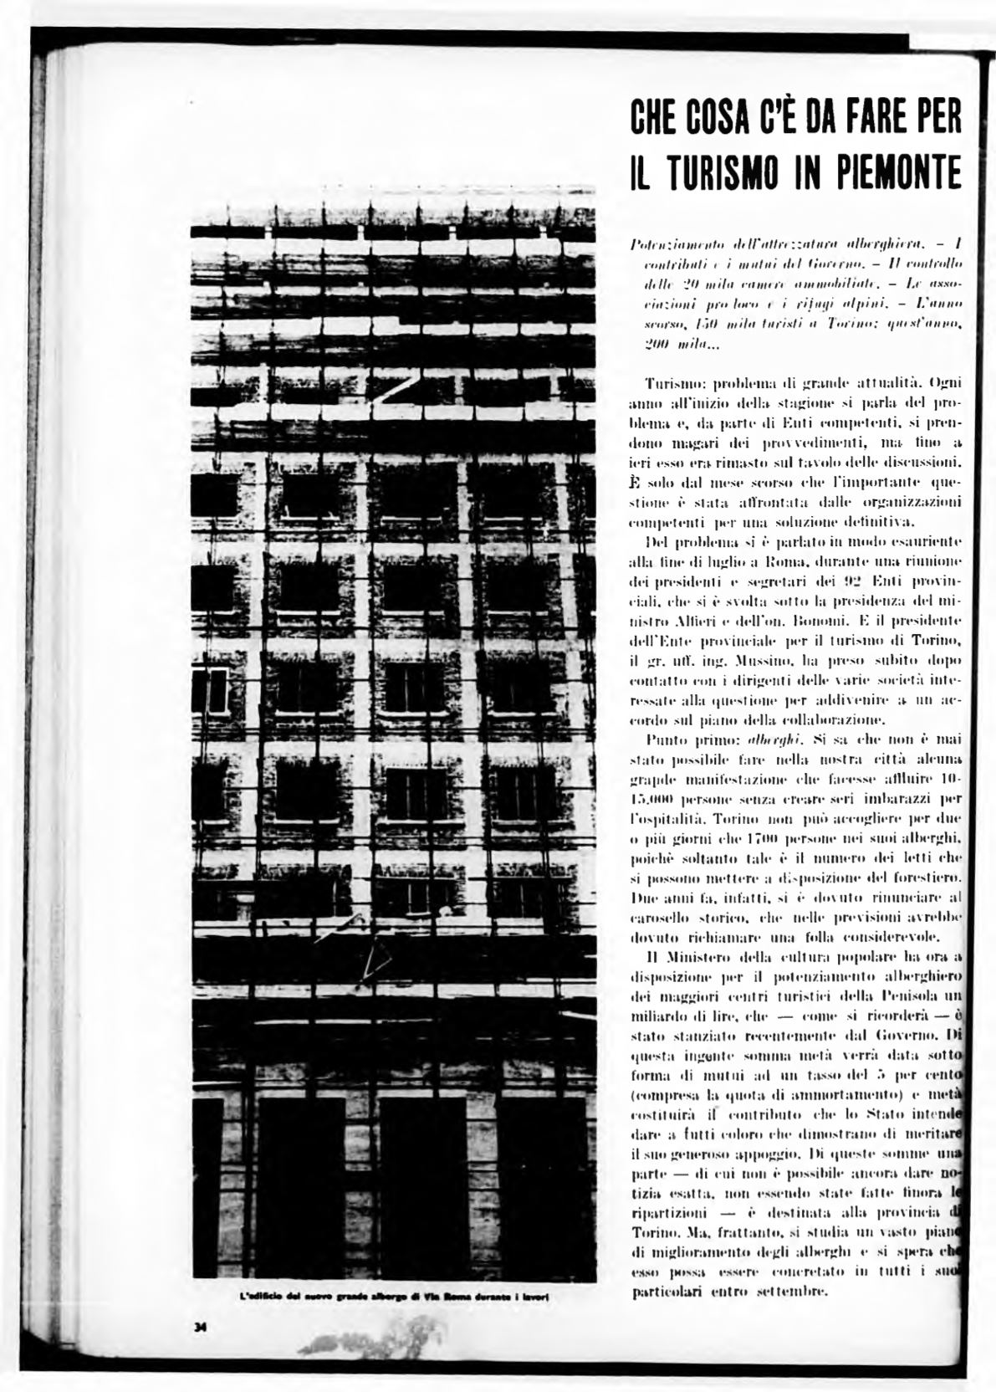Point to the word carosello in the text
click(659, 918)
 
